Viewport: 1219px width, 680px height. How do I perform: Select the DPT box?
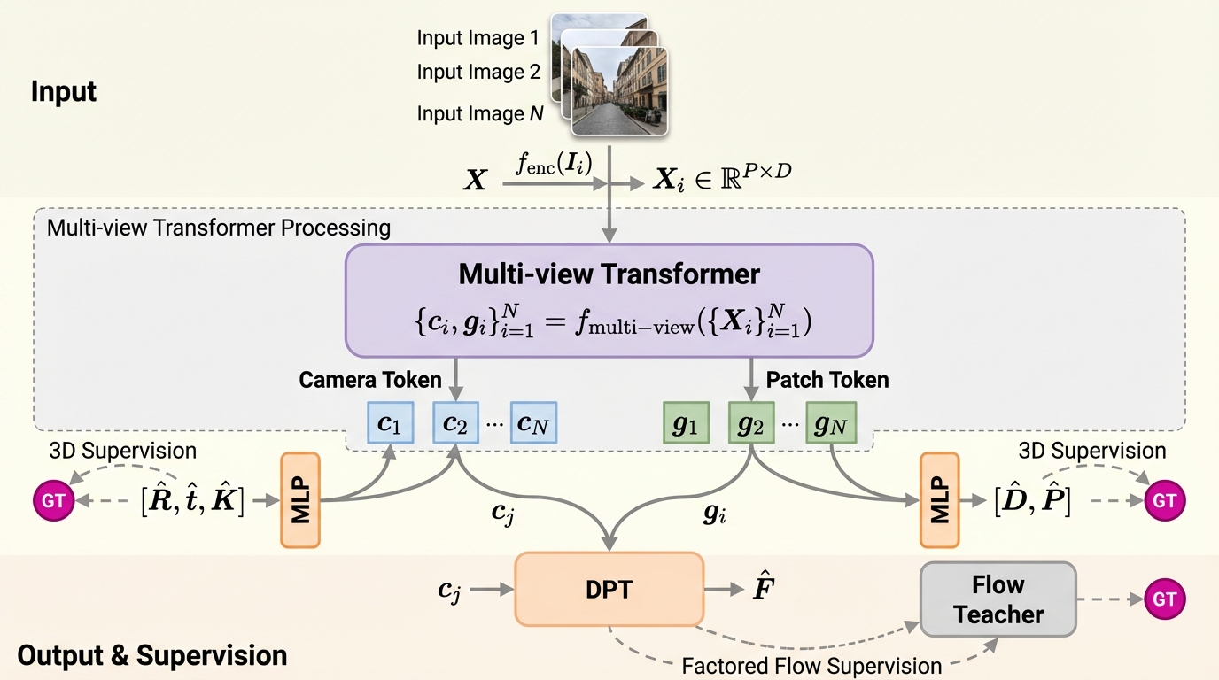pos(609,589)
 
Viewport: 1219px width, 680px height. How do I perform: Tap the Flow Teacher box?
pos(998,599)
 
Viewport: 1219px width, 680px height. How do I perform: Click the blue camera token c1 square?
pos(390,423)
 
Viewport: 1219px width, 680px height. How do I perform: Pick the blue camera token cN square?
pos(533,423)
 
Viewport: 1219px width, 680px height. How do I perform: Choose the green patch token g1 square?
pos(686,423)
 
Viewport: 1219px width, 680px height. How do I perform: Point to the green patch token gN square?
pos(830,423)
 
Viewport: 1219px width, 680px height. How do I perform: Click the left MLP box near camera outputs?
pos(299,499)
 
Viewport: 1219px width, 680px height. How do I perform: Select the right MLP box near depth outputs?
pos(940,499)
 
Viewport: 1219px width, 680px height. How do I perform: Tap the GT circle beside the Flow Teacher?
pos(1164,599)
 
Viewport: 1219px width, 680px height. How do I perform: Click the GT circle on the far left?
pos(53,500)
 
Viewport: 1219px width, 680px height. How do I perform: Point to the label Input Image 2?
pos(478,73)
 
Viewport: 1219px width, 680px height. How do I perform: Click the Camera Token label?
pos(369,380)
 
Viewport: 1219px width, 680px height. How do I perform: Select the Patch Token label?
pos(827,380)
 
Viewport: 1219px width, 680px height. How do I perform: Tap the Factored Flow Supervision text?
pos(811,665)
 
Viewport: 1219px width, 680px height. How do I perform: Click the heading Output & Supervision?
pos(152,656)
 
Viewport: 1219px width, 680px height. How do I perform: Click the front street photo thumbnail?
pos(619,92)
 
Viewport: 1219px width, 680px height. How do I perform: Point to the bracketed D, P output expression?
pos(1033,501)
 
